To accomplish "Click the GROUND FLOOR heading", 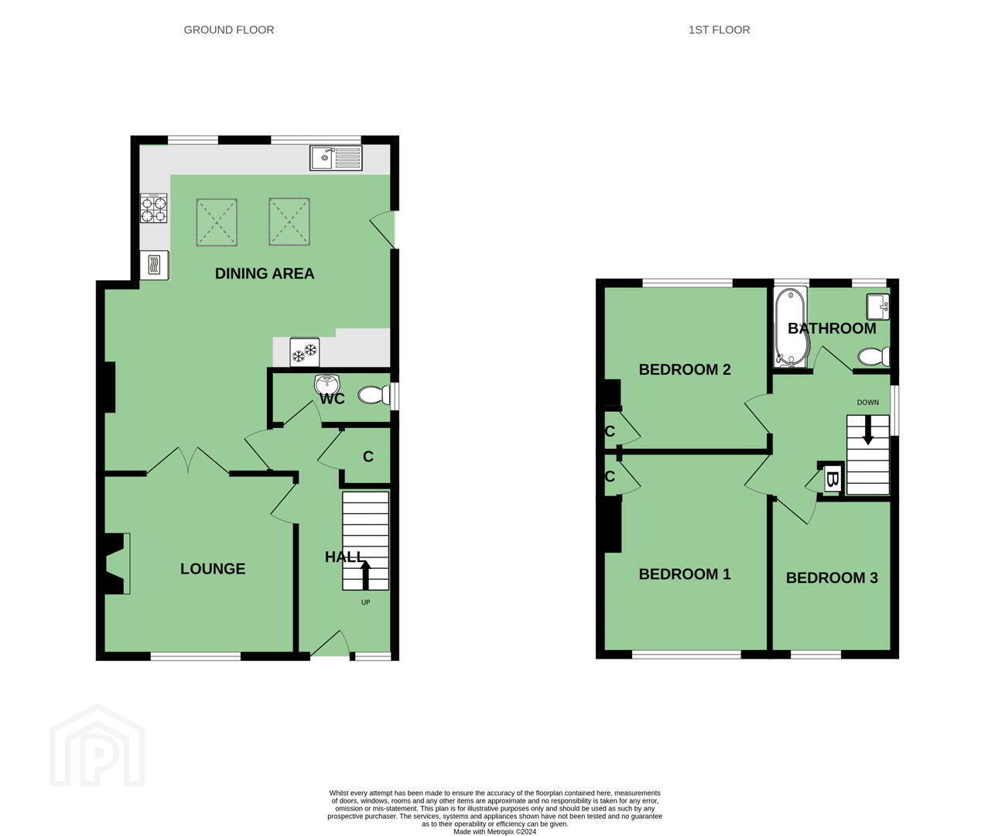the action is click(x=229, y=30).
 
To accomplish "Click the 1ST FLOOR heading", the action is click(x=719, y=30).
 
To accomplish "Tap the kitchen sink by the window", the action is click(x=336, y=158).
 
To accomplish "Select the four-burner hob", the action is click(x=153, y=208).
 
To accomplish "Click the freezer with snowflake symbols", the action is click(x=305, y=352).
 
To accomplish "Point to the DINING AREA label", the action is click(x=265, y=274).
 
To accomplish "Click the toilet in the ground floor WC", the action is click(x=374, y=395).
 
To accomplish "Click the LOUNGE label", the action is click(x=213, y=568).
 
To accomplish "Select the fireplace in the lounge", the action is click(x=115, y=564).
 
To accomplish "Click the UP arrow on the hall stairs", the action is click(x=365, y=575).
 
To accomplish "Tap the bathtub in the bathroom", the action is click(x=791, y=327).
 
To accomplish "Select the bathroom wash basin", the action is click(x=877, y=307).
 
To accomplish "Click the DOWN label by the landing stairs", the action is click(x=868, y=403).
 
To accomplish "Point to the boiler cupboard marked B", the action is click(x=832, y=479).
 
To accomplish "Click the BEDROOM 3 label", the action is click(x=832, y=578).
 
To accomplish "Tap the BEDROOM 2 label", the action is click(x=685, y=369).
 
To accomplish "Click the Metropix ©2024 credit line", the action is click(x=494, y=831).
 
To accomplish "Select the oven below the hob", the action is click(x=154, y=265).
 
